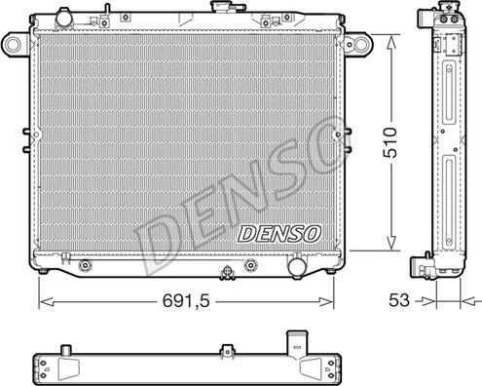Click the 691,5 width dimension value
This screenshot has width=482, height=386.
coord(186,301)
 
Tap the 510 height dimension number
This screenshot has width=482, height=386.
coord(389,142)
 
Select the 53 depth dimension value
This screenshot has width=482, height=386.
coord(399,300)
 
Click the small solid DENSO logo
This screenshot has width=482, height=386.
coord(279,234)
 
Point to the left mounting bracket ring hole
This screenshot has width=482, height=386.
coord(13,44)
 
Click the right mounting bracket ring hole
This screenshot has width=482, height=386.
coord(360,44)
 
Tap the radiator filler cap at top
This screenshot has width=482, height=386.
coord(224,7)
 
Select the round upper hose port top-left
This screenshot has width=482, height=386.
coord(63,18)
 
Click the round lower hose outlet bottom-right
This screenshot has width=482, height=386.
coord(297,266)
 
